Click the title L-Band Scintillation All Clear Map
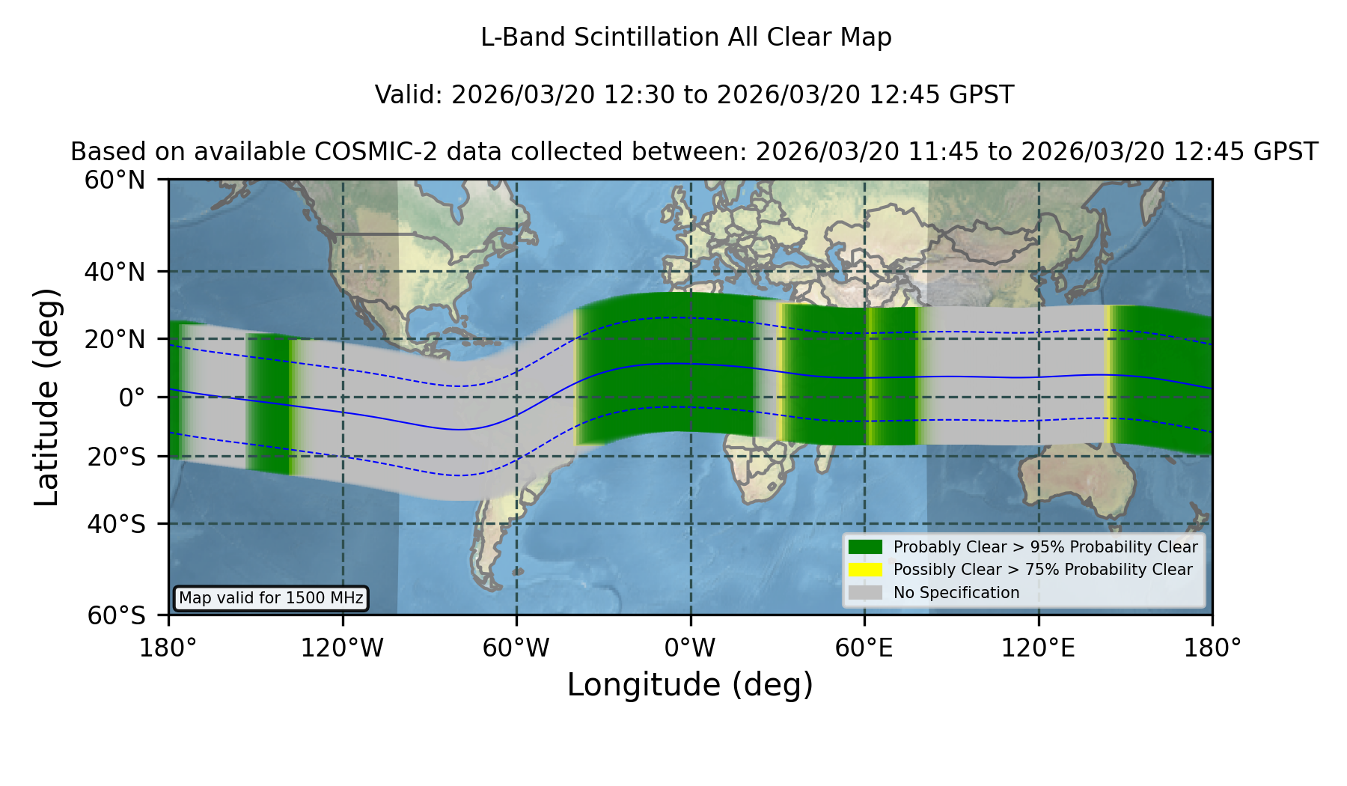point(685,37)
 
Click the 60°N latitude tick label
point(115,180)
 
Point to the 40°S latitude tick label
point(117,524)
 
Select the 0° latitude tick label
point(132,397)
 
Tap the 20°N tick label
point(115,339)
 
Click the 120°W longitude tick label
point(342,648)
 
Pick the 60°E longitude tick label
point(864,648)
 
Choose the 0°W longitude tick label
point(690,648)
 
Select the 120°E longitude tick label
point(1038,648)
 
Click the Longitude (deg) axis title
point(690,685)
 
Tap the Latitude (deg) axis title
point(46,397)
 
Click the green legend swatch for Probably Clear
point(865,546)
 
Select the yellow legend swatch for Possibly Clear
point(865,569)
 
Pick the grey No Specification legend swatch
point(865,592)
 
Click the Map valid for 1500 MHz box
point(271,598)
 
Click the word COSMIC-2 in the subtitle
point(361,152)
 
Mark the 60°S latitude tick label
point(117,615)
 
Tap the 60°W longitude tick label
point(516,648)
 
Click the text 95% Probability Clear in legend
point(1114,547)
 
